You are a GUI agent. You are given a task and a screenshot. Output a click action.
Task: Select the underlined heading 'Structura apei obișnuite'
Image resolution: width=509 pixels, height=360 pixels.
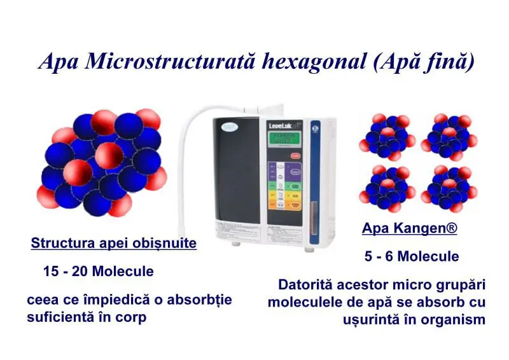pyautogui.click(x=114, y=243)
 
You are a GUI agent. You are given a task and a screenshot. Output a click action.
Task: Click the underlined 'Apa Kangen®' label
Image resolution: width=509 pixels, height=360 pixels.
pyautogui.click(x=409, y=228)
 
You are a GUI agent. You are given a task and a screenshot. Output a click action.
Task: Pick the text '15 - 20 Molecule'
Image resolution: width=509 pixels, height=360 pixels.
pyautogui.click(x=99, y=271)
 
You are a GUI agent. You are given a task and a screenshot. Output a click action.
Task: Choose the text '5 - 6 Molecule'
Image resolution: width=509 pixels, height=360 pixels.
pyautogui.click(x=412, y=256)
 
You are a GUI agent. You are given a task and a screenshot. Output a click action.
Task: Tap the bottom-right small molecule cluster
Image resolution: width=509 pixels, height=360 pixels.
pyautogui.click(x=449, y=189)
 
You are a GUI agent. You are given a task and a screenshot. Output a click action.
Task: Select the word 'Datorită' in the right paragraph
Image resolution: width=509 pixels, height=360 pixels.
pyautogui.click(x=303, y=284)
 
